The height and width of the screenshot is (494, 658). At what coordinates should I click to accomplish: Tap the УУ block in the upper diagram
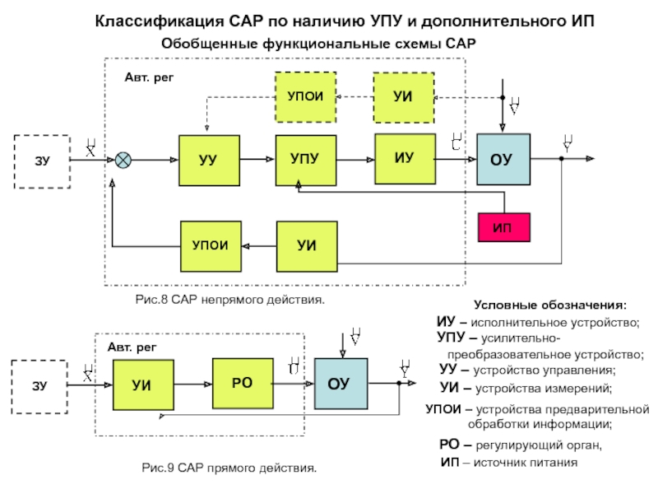pos(209,158)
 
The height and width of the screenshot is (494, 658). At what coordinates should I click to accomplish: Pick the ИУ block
pos(403,156)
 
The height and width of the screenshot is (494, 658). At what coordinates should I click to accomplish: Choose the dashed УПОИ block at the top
pos(305,96)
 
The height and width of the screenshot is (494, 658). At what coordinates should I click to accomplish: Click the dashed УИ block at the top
pos(403,96)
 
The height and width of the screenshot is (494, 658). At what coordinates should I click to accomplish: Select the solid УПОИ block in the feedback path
pos(211,246)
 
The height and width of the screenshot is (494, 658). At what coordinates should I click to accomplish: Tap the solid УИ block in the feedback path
pos(307,246)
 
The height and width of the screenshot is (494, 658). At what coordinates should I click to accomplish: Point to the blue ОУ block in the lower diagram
pos(339,384)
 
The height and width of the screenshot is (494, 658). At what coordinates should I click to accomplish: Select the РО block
pos(242,381)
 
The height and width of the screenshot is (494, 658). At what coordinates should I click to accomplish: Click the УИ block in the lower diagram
pos(143,384)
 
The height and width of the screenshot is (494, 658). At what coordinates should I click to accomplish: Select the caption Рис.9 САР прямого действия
pos(229,468)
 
